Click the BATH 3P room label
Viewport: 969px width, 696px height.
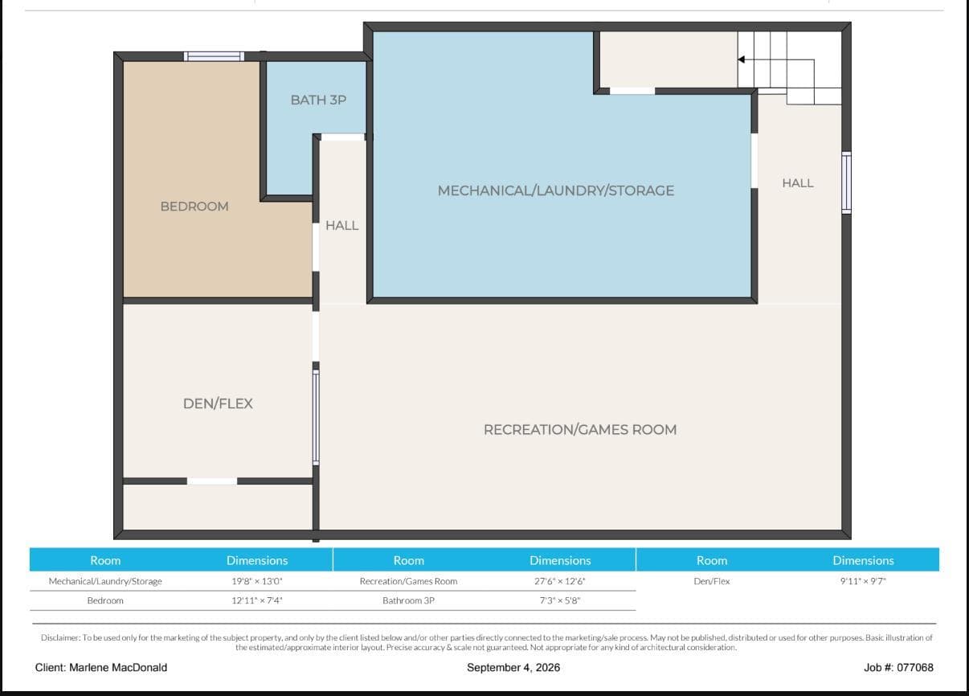pos(318,100)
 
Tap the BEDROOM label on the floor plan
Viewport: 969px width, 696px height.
pos(194,207)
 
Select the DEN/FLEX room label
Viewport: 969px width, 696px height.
pos(218,403)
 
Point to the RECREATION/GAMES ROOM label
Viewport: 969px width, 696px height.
pos(580,430)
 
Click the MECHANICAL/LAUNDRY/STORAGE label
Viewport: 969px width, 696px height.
pos(556,190)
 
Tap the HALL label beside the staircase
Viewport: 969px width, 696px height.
pos(798,183)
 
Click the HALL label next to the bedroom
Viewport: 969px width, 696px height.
pos(341,226)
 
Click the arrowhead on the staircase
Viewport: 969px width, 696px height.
pos(741,59)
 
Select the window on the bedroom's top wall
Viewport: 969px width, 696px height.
pos(215,56)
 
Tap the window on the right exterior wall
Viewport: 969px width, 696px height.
pos(846,182)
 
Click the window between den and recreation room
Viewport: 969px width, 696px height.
pos(316,418)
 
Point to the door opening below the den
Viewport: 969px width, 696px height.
pos(212,481)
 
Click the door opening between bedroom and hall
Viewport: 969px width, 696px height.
pos(316,248)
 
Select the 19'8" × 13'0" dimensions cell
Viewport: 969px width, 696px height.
pos(257,581)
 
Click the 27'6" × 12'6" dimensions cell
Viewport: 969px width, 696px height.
pos(560,581)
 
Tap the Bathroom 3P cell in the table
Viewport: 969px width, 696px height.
pos(408,601)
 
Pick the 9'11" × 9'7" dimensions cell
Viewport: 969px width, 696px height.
pos(863,581)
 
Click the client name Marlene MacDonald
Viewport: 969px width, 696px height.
pos(118,667)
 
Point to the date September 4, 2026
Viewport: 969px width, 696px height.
pos(513,667)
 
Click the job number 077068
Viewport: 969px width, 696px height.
pos(915,667)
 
